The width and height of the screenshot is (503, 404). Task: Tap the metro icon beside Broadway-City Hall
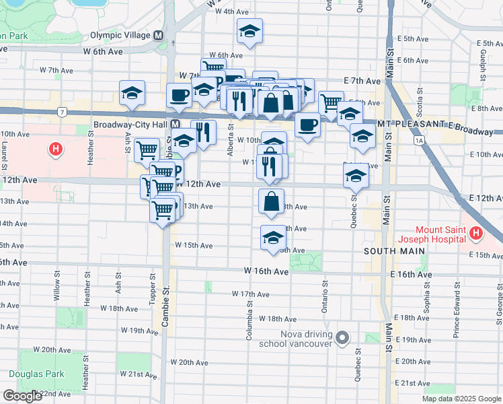click(175, 125)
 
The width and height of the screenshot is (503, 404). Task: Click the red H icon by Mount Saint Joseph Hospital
click(477, 234)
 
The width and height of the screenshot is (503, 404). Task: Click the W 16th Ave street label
click(266, 271)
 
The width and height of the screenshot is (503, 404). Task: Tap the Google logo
click(22, 397)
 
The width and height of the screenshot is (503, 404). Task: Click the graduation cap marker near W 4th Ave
click(249, 32)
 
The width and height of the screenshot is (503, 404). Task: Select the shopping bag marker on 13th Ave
click(271, 202)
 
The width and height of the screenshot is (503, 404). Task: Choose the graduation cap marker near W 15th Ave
click(273, 238)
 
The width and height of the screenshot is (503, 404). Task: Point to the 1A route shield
click(420, 140)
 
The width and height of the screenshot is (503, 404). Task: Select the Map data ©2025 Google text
click(461, 399)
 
